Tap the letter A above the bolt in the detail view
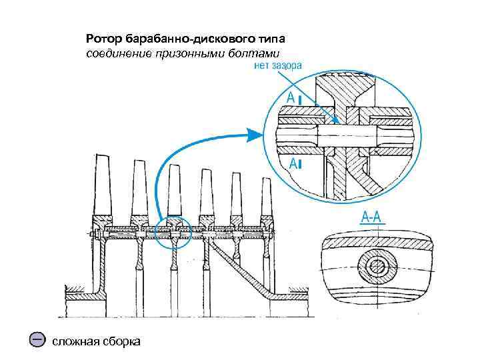click(x=291, y=98)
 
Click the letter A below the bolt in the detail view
click(x=291, y=163)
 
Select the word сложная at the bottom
click(x=75, y=341)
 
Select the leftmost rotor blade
click(x=103, y=183)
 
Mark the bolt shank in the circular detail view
click(x=347, y=133)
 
